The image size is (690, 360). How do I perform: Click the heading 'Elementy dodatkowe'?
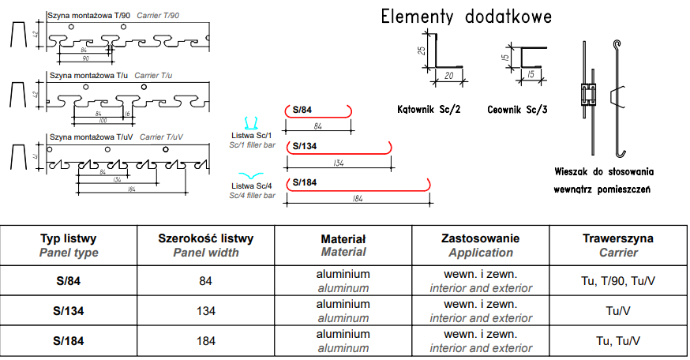click(x=466, y=17)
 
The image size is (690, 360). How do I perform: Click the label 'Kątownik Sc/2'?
click(x=430, y=110)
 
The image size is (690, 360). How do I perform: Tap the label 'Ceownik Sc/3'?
click(x=517, y=110)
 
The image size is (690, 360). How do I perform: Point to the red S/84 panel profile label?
click(x=302, y=110)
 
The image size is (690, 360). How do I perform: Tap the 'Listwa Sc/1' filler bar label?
click(x=251, y=135)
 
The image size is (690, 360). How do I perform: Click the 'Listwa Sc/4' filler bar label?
click(x=251, y=186)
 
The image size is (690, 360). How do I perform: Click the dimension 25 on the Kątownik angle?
click(x=421, y=51)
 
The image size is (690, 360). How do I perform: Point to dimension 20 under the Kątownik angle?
click(x=449, y=77)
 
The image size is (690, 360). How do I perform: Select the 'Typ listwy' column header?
click(x=69, y=238)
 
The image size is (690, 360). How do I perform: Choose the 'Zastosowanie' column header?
click(x=481, y=238)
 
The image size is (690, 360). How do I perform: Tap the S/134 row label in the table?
click(x=69, y=311)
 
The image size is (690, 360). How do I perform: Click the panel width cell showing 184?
click(x=206, y=341)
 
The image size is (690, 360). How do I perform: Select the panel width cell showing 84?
click(x=206, y=281)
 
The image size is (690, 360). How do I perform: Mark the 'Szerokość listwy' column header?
click(x=206, y=238)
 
